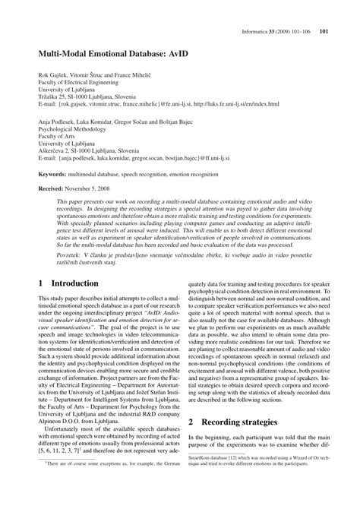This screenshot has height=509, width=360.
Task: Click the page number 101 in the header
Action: (x=324, y=11)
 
